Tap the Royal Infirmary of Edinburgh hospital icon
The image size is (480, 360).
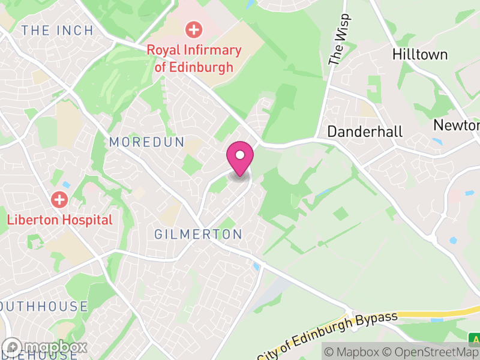coord(193,28)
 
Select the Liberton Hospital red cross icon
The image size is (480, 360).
coord(59,199)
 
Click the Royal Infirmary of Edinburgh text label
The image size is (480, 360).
coord(194,58)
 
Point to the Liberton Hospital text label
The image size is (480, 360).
coord(59,220)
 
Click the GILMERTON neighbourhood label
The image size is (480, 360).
coord(198,235)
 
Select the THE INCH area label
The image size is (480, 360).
coord(57,31)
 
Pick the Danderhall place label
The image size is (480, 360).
coord(364,132)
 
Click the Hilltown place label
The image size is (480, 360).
coord(420,55)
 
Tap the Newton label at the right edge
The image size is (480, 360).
coord(457,125)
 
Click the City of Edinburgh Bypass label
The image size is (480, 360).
coord(328,335)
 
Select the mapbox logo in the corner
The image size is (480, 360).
coord(46,347)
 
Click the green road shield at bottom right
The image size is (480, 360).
coord(474,337)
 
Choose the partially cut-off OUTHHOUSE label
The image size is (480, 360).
coord(44,307)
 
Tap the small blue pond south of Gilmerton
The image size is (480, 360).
coord(257,266)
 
